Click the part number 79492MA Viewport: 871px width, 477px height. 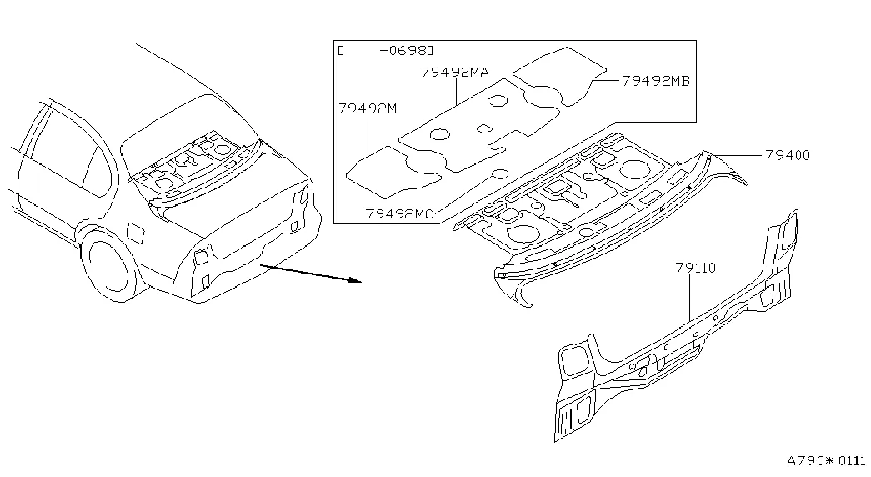pyautogui.click(x=455, y=73)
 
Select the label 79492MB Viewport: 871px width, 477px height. pyautogui.click(x=655, y=81)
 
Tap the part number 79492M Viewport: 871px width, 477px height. pyautogui.click(x=368, y=108)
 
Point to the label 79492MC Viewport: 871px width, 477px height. pyautogui.click(x=399, y=214)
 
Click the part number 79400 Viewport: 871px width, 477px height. pyautogui.click(x=788, y=155)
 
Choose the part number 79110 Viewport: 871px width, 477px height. pyautogui.click(x=696, y=268)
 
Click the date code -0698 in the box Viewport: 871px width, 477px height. pyautogui.click(x=406, y=51)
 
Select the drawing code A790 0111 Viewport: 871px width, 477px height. pyautogui.click(x=826, y=461)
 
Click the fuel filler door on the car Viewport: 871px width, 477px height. pyautogui.click(x=136, y=232)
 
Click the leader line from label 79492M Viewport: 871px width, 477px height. pyautogui.click(x=368, y=136)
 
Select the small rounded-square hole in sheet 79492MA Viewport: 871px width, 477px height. pyautogui.click(x=484, y=128)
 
